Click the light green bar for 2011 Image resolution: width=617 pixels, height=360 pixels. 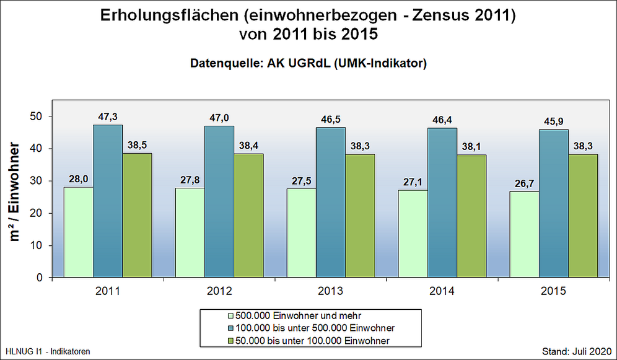point(79,232)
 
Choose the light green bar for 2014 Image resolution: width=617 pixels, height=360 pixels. point(413,234)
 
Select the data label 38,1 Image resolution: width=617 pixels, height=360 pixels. point(471,147)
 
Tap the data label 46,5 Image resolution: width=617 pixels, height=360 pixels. point(331,120)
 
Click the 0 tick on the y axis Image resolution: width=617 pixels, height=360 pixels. point(39,278)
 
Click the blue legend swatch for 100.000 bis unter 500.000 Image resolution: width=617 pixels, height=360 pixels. point(232,327)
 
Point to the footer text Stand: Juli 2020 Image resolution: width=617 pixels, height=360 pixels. point(576,351)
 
